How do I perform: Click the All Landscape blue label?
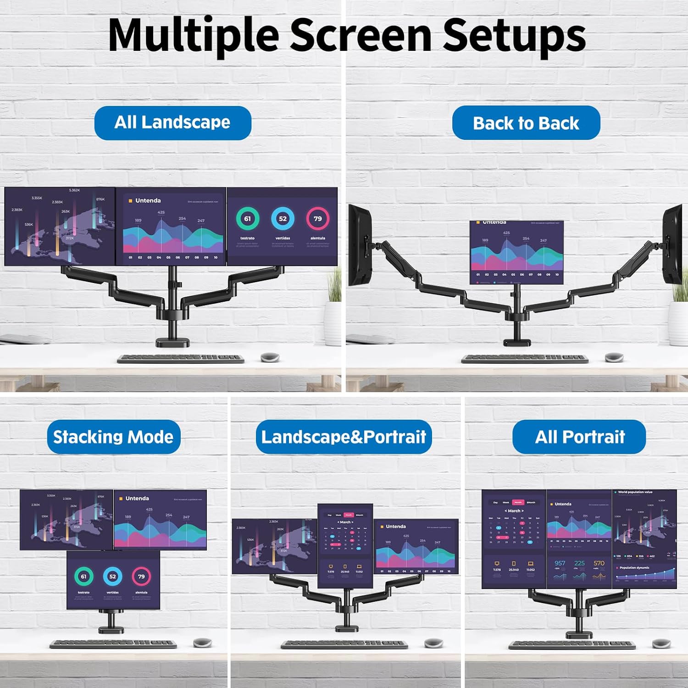click(x=172, y=122)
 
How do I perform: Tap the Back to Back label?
click(x=526, y=123)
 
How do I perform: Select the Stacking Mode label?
click(x=113, y=437)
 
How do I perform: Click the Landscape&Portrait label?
click(x=344, y=437)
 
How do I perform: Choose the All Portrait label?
click(x=579, y=437)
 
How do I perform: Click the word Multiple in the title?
click(x=193, y=35)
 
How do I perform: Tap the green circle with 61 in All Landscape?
click(x=248, y=219)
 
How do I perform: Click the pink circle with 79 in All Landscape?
click(x=317, y=219)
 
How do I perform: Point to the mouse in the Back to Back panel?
click(x=614, y=357)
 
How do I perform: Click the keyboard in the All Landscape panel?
click(x=181, y=358)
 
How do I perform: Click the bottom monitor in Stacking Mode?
click(x=113, y=580)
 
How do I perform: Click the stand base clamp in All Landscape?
click(x=172, y=342)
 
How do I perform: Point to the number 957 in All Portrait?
click(x=560, y=563)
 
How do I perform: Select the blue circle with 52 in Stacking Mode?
click(x=112, y=577)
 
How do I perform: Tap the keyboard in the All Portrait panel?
click(x=572, y=645)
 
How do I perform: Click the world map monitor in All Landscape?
click(x=60, y=226)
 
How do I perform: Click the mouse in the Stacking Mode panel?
click(x=202, y=643)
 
